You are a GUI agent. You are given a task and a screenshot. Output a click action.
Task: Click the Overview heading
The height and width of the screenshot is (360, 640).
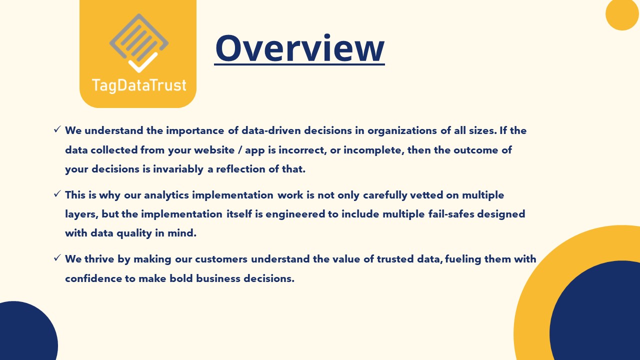[x=299, y=48]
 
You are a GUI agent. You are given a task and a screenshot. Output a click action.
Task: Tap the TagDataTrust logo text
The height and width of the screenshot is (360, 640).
[x=138, y=85]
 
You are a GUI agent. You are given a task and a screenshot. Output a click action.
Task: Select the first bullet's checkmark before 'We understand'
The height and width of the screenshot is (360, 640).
[x=57, y=130]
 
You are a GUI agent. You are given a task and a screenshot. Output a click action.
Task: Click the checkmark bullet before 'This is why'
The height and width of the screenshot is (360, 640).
[x=57, y=194]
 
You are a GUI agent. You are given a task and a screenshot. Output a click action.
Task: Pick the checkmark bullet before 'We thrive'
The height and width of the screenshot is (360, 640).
[x=57, y=258]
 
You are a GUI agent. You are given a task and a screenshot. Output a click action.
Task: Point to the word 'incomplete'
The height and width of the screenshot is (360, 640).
[x=368, y=150]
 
